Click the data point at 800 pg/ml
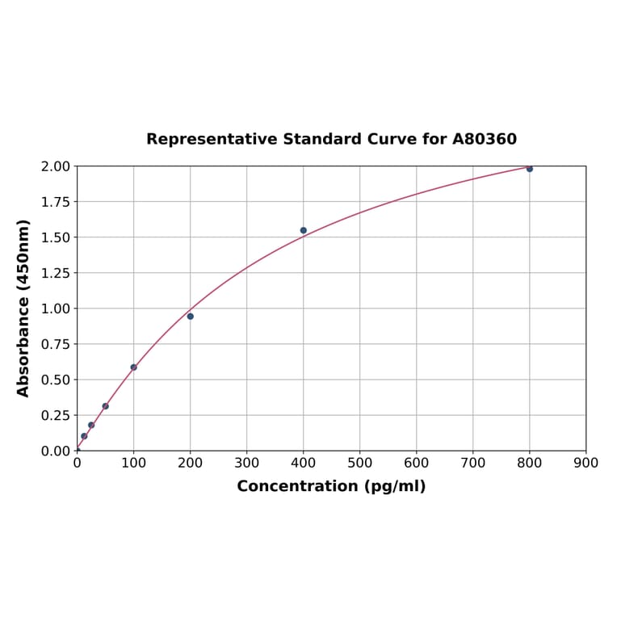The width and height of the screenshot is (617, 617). click(x=530, y=169)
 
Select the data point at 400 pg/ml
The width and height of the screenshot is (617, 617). click(x=304, y=230)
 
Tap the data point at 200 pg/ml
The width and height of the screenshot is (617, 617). click(x=191, y=317)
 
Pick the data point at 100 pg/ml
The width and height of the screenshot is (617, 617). click(x=134, y=367)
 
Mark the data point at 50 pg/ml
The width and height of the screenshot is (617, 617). click(x=106, y=406)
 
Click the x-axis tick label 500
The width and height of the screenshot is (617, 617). click(x=360, y=463)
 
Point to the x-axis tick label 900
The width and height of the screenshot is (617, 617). click(x=586, y=463)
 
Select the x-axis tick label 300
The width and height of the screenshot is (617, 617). click(x=247, y=463)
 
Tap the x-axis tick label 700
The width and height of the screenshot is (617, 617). click(x=473, y=463)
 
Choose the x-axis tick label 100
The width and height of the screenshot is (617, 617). click(x=134, y=463)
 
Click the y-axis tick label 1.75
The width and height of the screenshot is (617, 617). click(x=56, y=202)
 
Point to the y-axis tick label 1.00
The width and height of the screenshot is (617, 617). click(x=56, y=308)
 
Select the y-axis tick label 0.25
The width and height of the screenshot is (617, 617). click(x=56, y=415)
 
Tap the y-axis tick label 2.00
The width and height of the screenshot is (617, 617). click(x=56, y=166)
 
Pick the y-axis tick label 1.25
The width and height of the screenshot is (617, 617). click(x=56, y=273)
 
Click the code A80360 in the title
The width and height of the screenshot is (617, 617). click(x=485, y=139)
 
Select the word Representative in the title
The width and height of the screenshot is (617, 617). click(x=212, y=139)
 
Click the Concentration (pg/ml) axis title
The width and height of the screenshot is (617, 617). click(x=331, y=486)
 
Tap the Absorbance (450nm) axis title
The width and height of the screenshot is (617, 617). click(x=23, y=308)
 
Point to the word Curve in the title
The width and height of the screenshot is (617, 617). click(x=392, y=139)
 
